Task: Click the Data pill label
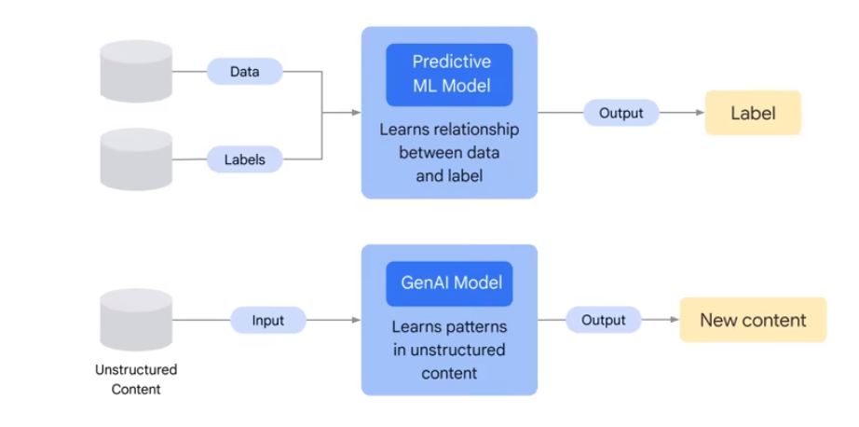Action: click(x=244, y=71)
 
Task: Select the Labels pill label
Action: click(x=244, y=159)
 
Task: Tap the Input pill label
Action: click(x=268, y=320)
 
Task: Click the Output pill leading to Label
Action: click(x=620, y=113)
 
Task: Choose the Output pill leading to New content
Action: click(x=603, y=320)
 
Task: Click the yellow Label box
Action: click(x=754, y=113)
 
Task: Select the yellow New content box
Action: click(x=754, y=320)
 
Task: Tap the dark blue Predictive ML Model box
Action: click(x=449, y=75)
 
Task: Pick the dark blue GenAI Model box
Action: click(x=449, y=283)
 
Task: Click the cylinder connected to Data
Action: click(x=136, y=71)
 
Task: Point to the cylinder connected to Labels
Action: click(x=136, y=159)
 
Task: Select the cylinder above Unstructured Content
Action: click(x=136, y=320)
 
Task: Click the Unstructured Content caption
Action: click(x=136, y=379)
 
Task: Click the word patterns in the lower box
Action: click(x=478, y=327)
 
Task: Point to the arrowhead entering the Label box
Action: click(x=701, y=113)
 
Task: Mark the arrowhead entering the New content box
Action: click(x=675, y=320)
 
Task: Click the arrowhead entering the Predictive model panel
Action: click(x=357, y=113)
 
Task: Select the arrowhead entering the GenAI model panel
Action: click(x=357, y=320)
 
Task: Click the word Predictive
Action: click(x=452, y=62)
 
